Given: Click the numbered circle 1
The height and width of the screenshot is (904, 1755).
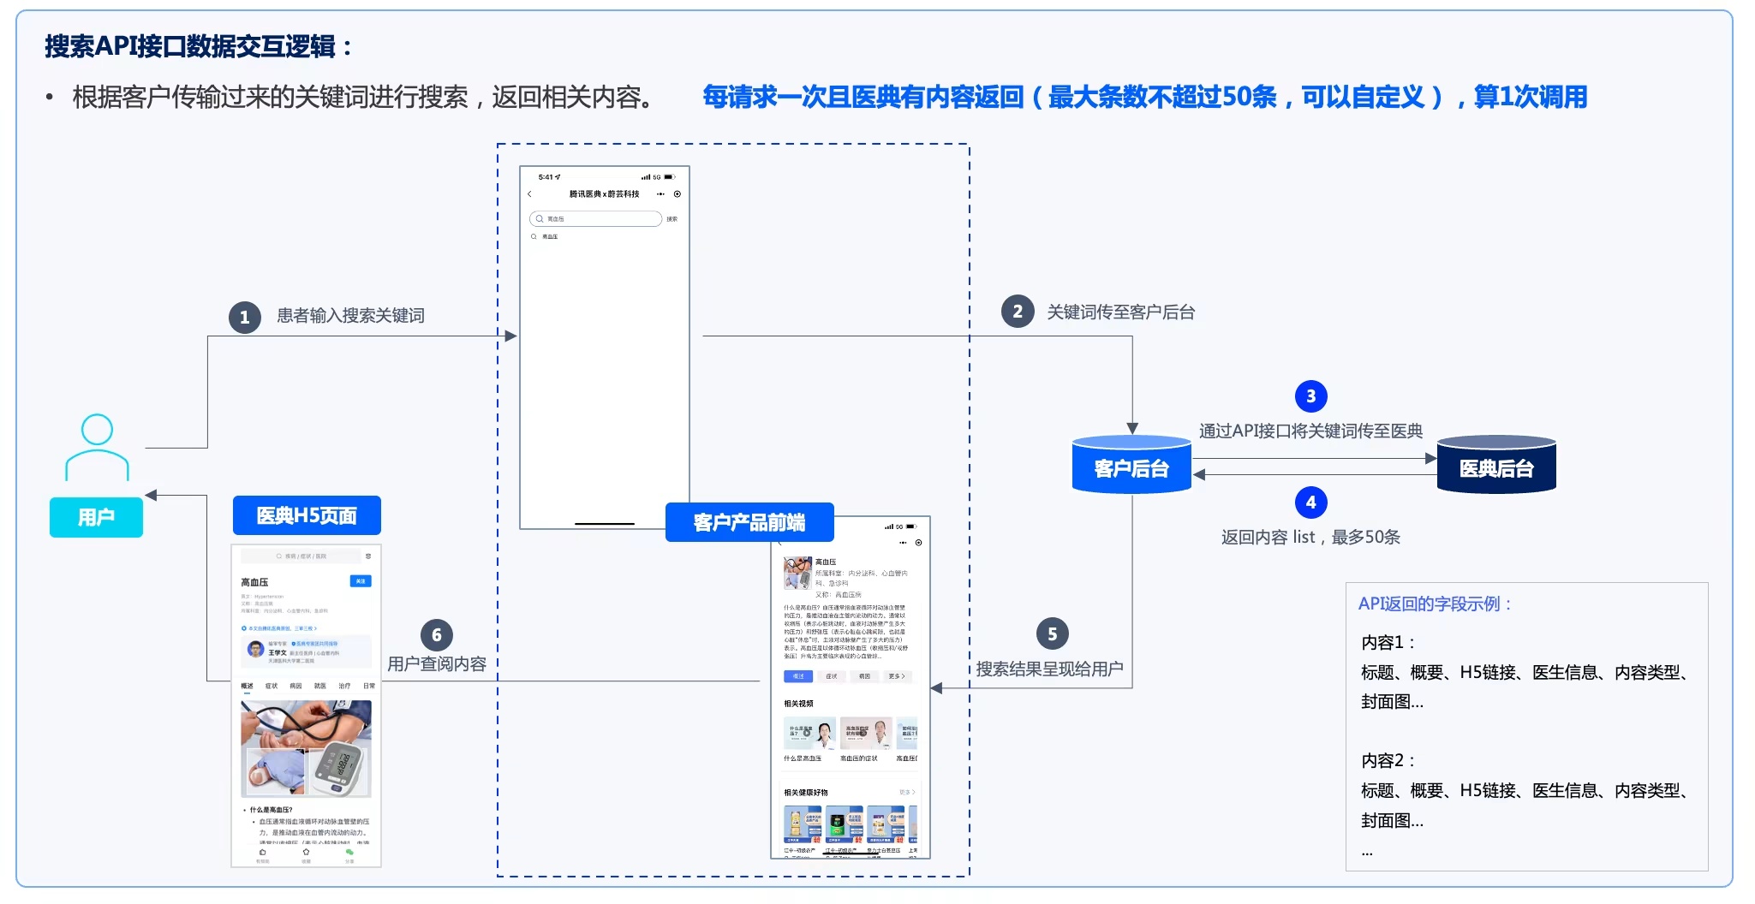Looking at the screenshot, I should [244, 318].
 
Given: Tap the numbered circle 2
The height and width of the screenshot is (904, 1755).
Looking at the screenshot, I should [1017, 312].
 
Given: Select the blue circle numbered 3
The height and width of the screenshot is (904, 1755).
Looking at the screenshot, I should [1310, 396].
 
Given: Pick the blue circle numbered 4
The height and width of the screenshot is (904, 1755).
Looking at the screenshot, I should [1310, 503].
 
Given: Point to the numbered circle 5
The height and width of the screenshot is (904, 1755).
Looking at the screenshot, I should [1052, 634].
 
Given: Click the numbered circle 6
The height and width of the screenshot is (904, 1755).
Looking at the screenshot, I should [436, 635].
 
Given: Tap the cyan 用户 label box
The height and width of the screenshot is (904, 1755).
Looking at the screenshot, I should [96, 517].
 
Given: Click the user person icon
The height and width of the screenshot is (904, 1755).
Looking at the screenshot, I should [97, 447].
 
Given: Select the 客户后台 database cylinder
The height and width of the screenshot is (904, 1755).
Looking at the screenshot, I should [1131, 465].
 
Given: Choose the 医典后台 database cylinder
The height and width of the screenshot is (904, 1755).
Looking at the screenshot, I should [1495, 465].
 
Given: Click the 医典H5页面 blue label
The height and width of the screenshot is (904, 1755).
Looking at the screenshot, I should [307, 515].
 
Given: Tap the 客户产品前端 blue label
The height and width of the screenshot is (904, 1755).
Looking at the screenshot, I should [749, 522].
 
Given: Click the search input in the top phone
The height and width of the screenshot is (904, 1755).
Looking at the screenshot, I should [596, 219].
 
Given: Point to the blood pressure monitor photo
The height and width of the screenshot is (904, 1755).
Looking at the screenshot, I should [307, 749].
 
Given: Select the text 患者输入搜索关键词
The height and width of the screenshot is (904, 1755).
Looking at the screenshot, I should [350, 316].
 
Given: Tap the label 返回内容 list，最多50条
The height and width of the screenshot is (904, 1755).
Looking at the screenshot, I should [1310, 537].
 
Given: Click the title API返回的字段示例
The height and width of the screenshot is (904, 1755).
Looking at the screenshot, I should [1434, 604].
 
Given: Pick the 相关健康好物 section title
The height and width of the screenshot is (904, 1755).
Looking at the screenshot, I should [805, 793].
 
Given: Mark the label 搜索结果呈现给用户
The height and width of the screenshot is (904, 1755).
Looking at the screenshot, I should [1049, 669].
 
